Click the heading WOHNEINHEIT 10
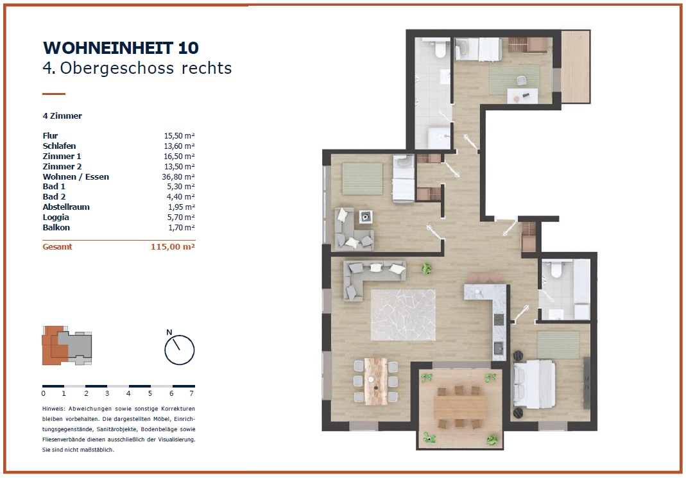pos(121,48)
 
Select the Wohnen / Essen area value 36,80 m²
pos(178,176)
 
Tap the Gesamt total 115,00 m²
pos(173,246)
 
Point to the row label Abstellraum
pos(66,207)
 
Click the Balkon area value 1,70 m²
pos(181,227)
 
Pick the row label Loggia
pos(56,218)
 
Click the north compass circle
pos(180,350)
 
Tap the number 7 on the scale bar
pos(192,393)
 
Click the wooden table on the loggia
pos(460,407)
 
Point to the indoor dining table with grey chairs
pos(376,381)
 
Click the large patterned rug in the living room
pos(403,315)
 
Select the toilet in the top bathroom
pos(440,49)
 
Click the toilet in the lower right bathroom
pos(556,269)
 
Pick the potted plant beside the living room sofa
pos(427,268)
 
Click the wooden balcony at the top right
pos(576,67)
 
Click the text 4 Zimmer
pos(62,116)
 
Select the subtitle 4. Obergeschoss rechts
pos(137,68)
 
